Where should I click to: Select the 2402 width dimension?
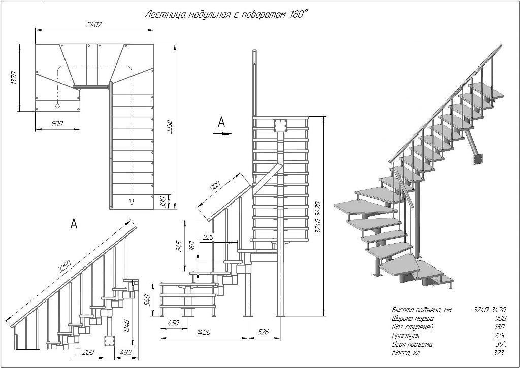click(94, 24)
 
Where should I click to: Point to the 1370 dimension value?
click(14, 77)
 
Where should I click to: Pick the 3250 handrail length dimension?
click(64, 266)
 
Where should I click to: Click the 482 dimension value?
click(126, 352)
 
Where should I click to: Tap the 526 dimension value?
click(263, 331)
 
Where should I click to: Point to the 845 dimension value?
click(179, 246)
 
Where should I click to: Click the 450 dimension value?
click(174, 323)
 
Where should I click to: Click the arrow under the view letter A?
click(222, 133)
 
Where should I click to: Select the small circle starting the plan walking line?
click(57, 106)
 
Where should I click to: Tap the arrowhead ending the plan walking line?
click(132, 202)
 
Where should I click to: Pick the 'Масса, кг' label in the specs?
click(406, 353)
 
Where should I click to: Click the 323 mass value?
click(499, 353)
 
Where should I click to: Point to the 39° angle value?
click(501, 344)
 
